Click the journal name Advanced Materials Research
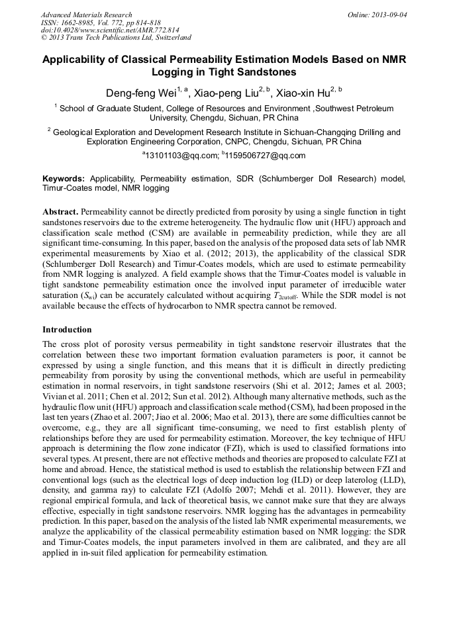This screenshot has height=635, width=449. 86,14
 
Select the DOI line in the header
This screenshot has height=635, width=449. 110,30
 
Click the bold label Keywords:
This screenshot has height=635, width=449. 63,179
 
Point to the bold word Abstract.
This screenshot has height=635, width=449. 60,210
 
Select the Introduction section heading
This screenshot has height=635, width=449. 67,329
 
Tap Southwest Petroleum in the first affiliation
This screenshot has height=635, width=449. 356,108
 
